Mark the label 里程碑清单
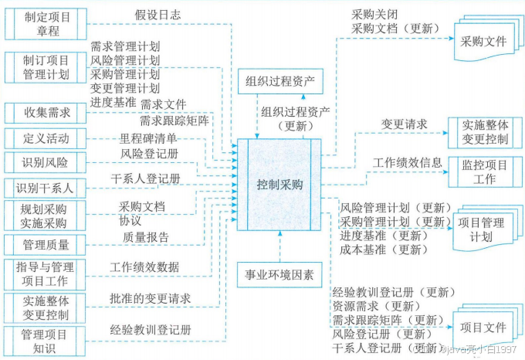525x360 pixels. [148, 138]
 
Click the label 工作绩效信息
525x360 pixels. [408, 162]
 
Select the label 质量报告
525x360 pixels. [145, 237]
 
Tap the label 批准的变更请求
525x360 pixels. [151, 298]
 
